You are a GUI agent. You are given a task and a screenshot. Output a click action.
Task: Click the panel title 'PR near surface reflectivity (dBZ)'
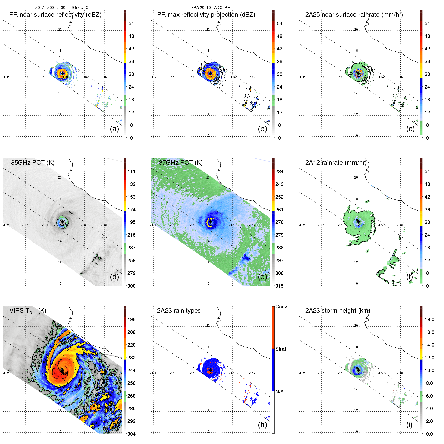tap(55, 15)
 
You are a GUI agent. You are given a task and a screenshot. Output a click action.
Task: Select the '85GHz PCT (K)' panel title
tap(33, 162)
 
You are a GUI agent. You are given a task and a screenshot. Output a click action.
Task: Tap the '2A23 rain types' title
tap(179, 311)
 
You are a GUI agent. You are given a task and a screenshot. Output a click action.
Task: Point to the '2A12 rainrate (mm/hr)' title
tap(335, 162)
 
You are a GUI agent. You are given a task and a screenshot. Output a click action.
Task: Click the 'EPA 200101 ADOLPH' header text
tap(211, 8)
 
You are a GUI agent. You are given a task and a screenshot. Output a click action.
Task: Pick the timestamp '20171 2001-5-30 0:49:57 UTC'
tap(62, 8)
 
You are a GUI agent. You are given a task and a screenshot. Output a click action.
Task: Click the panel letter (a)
tap(114, 129)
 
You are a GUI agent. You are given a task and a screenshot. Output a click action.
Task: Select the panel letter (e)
tap(262, 277)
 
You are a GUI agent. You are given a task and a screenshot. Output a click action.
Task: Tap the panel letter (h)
tap(262, 425)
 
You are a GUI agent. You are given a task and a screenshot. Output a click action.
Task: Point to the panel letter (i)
tap(409, 425)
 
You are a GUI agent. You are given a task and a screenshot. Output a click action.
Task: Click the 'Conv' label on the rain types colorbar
tap(281, 307)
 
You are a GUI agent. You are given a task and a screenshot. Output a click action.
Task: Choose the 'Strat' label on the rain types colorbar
tap(281, 349)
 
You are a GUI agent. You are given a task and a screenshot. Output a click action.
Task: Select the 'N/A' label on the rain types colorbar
tap(279, 392)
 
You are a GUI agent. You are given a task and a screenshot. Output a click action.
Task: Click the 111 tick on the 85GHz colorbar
tap(131, 171)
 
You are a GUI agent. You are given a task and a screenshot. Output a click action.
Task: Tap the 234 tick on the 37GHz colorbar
tap(279, 171)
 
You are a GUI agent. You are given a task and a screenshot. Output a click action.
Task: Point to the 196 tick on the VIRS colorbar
tap(131, 319)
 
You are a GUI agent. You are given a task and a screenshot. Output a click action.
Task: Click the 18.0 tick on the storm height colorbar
tap(429, 319)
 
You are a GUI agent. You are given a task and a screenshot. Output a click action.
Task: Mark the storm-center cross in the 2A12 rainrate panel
tap(359, 222)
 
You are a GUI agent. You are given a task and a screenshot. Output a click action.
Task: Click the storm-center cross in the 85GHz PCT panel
tap(62, 222)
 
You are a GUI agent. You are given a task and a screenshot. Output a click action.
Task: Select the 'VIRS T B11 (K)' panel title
tap(28, 311)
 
